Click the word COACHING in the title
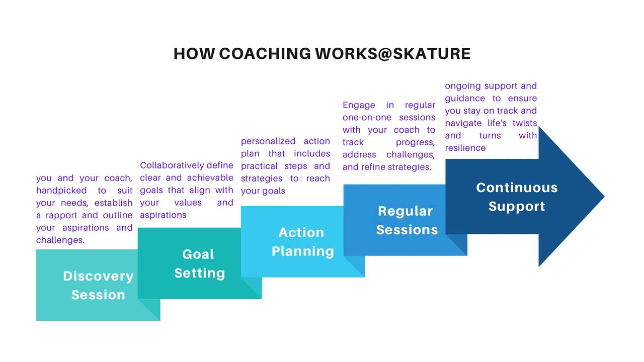265,54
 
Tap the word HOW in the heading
194,54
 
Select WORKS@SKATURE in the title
393,54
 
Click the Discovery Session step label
98,285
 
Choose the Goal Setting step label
200,263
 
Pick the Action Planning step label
302,242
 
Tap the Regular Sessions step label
407,220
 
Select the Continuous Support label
517,197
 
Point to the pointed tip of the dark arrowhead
604,197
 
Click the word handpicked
61,190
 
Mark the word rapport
61,215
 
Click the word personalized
268,141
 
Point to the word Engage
359,105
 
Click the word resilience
465,148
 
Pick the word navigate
463,123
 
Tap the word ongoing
463,86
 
